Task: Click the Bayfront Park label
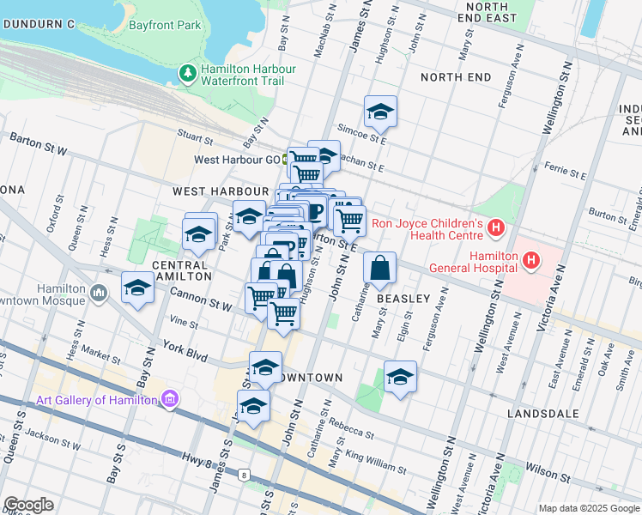coord(165,25)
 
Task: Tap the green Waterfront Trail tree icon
coord(187,75)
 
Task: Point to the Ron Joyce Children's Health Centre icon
coord(495,227)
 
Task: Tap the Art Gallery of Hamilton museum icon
coord(169,399)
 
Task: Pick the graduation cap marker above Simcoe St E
coord(379,112)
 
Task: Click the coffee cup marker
coord(314,211)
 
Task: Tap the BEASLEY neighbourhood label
coord(403,299)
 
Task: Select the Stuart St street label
coord(195,135)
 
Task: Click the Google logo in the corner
coord(28,505)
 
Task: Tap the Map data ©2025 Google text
coord(589,508)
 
